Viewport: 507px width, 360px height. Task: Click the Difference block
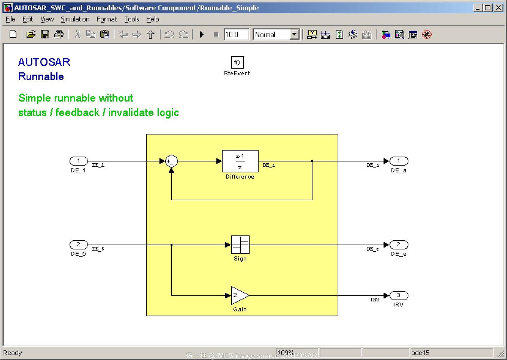[x=240, y=161]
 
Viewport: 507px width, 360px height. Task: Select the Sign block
[x=240, y=245]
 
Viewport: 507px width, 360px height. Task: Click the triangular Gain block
[x=239, y=295]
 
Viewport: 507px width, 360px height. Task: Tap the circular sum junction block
[x=171, y=161]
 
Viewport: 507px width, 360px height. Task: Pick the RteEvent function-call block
[x=237, y=63]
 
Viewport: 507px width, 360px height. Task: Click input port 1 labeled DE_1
[x=79, y=161]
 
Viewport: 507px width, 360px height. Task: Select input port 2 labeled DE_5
[x=79, y=245]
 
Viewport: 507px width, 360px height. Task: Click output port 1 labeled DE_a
[x=399, y=161]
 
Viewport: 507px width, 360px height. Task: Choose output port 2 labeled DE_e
[x=399, y=245]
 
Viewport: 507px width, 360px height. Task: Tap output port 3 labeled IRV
[x=399, y=295]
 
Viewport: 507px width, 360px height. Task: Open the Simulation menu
[x=75, y=19]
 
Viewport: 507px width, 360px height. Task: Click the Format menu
[x=107, y=19]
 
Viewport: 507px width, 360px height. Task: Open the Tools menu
[x=132, y=19]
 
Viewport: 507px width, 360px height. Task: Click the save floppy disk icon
[x=45, y=34]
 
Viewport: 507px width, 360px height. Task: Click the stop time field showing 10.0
[x=236, y=34]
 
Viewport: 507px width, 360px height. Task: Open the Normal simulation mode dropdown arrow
[x=294, y=34]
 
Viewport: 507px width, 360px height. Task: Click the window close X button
[x=499, y=7]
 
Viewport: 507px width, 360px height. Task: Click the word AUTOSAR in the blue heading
[x=44, y=62]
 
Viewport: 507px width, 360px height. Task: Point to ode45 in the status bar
[x=420, y=353]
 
